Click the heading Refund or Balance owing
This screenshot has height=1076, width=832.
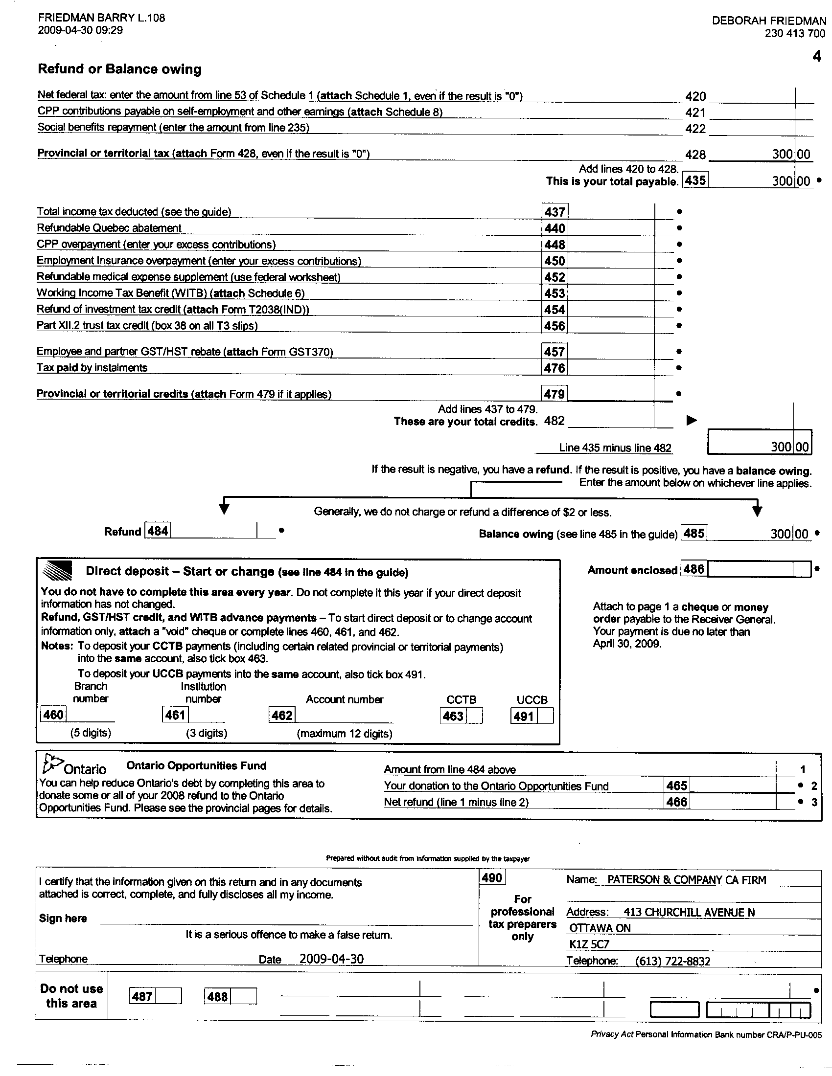[120, 69]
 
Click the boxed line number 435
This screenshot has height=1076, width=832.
[695, 180]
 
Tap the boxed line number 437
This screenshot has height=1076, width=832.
[555, 212]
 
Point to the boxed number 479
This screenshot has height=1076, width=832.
[555, 394]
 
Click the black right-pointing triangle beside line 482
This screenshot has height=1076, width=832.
[692, 420]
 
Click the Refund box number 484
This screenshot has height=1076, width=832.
[158, 531]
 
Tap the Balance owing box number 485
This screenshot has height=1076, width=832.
[693, 533]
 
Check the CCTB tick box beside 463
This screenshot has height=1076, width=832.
[474, 716]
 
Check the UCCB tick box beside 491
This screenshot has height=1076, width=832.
[545, 716]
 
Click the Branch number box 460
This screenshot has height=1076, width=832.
[53, 715]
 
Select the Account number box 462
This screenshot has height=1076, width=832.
[282, 715]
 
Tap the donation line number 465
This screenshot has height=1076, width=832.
[677, 786]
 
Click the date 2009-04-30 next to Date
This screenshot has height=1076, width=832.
[332, 959]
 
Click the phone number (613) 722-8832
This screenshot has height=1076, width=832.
[673, 961]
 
